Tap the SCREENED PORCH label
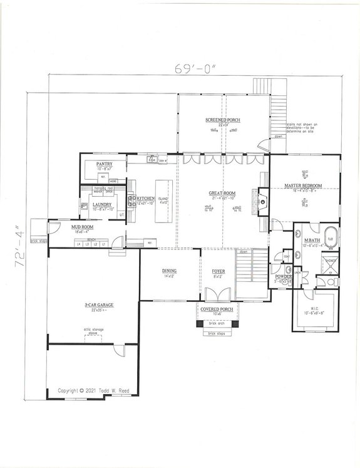pyautogui.click(x=223, y=120)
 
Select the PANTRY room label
pyautogui.click(x=104, y=164)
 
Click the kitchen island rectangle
pyautogui.click(x=165, y=201)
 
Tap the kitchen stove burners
pyautogui.click(x=132, y=200)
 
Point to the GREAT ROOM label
pyautogui.click(x=223, y=194)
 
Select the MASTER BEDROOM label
pyautogui.click(x=303, y=186)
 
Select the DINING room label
pyautogui.click(x=169, y=271)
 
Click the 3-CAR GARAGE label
pyautogui.click(x=95, y=304)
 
